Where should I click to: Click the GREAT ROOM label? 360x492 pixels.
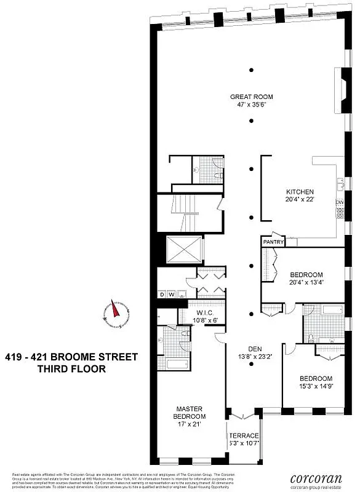(x=251, y=97)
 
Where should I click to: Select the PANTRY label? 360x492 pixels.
(x=273, y=242)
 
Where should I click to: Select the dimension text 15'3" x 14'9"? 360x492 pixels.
(x=316, y=387)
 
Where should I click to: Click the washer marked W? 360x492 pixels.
(x=172, y=294)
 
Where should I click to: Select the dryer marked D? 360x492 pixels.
(x=162, y=294)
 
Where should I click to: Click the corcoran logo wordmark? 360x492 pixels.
(x=317, y=477)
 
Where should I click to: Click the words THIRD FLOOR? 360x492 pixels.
(x=72, y=370)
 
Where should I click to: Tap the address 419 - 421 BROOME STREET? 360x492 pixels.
(x=71, y=357)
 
